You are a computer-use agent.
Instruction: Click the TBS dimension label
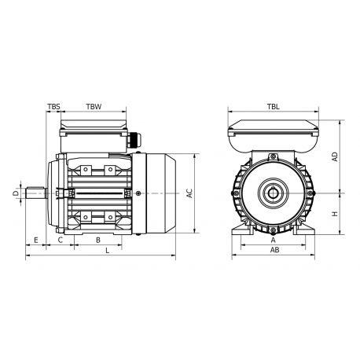click(x=53, y=105)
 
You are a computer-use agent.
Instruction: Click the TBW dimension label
click(x=93, y=105)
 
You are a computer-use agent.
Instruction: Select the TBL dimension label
click(x=273, y=105)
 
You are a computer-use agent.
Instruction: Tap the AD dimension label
click(x=336, y=156)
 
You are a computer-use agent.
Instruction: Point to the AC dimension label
click(x=189, y=193)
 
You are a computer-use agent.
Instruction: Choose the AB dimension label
click(x=274, y=251)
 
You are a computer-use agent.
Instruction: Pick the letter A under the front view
click(x=274, y=241)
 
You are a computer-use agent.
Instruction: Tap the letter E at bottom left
click(x=36, y=240)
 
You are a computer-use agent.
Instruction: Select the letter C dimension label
click(x=61, y=240)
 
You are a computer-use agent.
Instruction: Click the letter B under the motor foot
click(x=97, y=240)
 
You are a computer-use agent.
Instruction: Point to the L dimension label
click(x=107, y=251)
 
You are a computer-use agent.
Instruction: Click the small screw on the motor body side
click(x=138, y=193)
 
